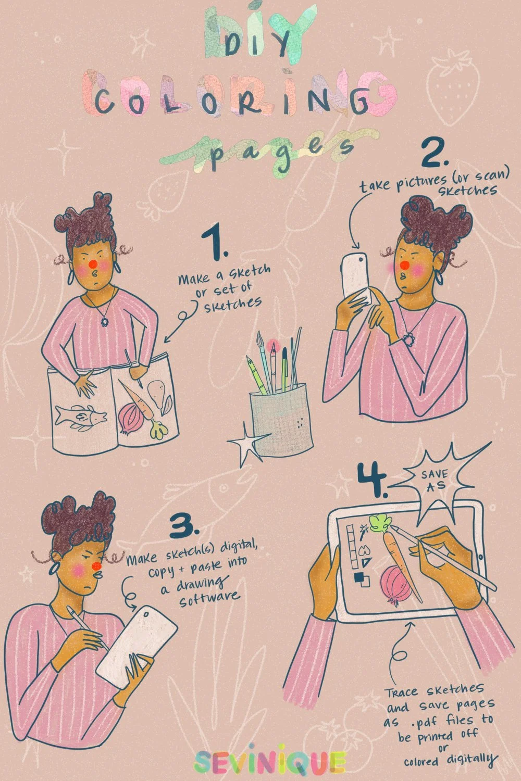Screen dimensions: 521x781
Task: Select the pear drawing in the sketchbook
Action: tap(157, 394)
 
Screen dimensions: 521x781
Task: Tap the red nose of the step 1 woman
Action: tap(93, 264)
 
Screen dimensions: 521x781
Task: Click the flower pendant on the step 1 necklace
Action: tap(104, 321)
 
